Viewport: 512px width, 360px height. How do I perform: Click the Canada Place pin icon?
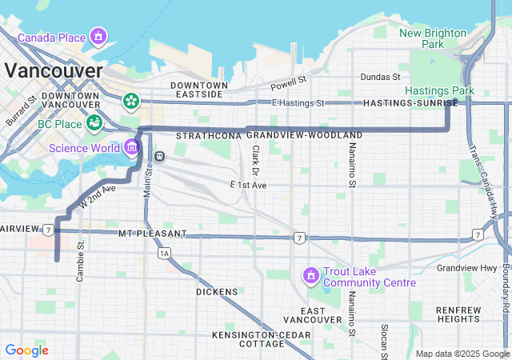tap(98, 36)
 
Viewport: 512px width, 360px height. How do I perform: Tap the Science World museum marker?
tap(131, 147)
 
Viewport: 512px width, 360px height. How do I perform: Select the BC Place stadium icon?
tap(94, 123)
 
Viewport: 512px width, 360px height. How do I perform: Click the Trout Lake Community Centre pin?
tap(310, 276)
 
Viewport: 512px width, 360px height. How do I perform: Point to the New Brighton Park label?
tap(433, 38)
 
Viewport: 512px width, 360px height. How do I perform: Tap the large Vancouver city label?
tap(54, 70)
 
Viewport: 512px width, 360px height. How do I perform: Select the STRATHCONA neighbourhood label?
tap(208, 136)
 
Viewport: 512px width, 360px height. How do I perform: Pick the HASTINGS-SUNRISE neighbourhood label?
tap(410, 103)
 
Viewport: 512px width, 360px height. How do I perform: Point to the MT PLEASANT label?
tap(152, 234)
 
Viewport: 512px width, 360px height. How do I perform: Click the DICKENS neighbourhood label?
tap(217, 292)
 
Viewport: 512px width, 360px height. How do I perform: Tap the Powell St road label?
tap(288, 83)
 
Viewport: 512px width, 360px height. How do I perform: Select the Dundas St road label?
tap(380, 77)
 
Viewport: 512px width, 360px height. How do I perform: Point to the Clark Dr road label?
tap(256, 161)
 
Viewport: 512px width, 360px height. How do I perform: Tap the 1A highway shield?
tap(165, 254)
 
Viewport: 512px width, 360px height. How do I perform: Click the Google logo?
tap(26, 350)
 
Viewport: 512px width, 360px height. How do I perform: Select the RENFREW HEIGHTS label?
tap(458, 314)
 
